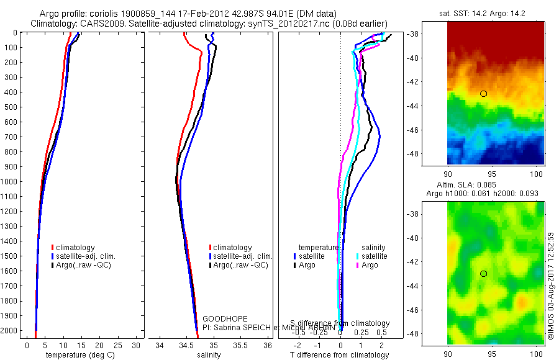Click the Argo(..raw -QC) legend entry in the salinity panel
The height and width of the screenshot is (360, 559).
click(x=240, y=265)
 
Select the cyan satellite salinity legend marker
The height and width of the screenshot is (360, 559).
click(x=358, y=256)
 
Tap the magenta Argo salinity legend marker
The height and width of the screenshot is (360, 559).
click(x=358, y=265)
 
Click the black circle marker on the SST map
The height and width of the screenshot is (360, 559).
click(x=483, y=94)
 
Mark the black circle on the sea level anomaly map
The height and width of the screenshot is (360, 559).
click(x=483, y=274)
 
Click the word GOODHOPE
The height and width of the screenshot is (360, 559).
click(x=225, y=319)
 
